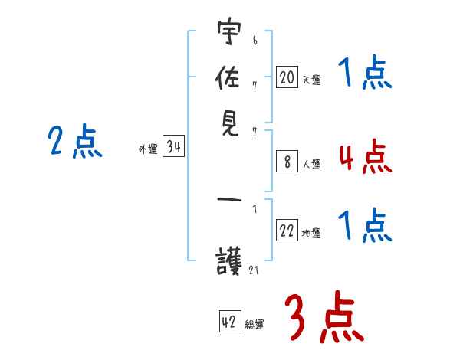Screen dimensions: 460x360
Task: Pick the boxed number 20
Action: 287,77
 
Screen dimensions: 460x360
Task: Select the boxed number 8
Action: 287,162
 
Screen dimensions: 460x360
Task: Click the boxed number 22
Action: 287,231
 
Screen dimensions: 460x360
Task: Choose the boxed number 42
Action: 229,322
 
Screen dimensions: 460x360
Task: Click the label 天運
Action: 311,79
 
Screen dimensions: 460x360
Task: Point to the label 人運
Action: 311,164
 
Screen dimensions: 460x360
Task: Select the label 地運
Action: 311,234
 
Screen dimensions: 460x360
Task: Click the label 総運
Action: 254,324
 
